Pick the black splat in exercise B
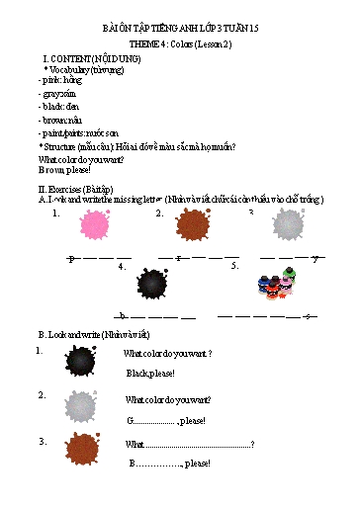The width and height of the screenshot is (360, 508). point(80,362)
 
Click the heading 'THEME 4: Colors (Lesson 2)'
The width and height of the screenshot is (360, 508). point(179,45)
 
